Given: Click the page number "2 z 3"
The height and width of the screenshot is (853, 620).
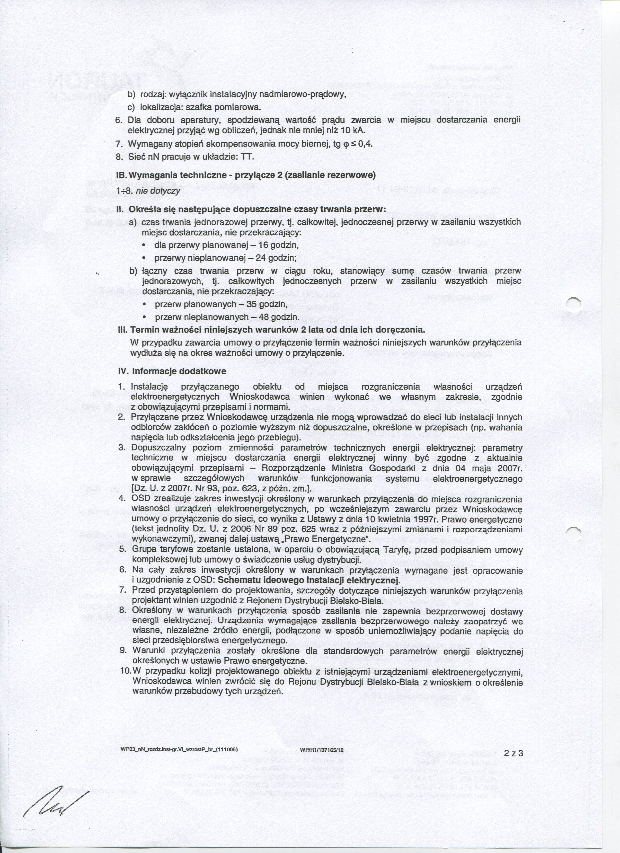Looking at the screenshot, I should pos(514,742).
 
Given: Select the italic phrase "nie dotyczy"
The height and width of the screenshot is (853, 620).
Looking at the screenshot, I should pos(158,191).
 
